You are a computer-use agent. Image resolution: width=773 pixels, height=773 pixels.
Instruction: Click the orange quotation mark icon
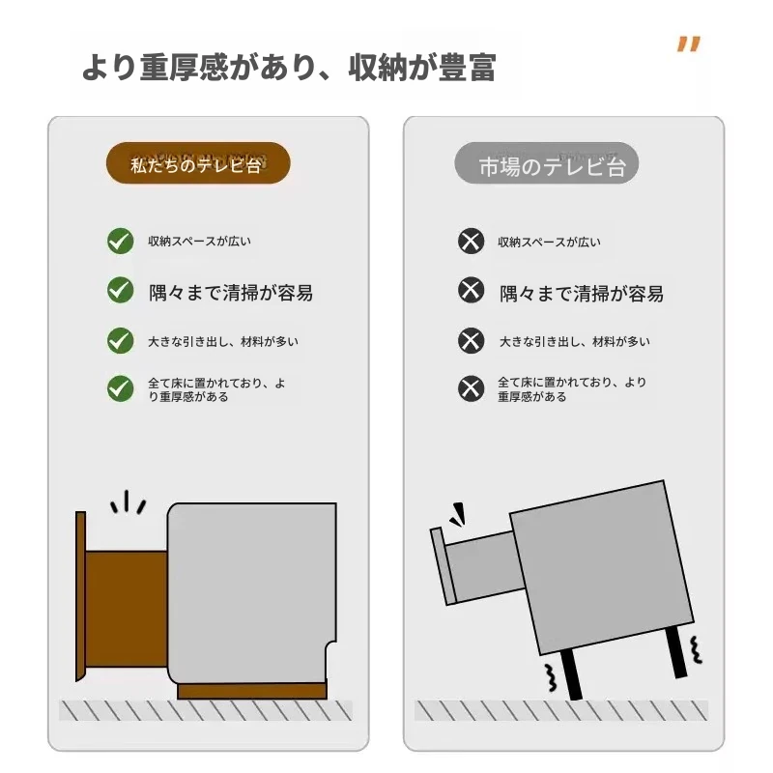click(689, 43)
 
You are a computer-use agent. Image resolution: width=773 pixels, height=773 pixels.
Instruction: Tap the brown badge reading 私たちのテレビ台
click(198, 163)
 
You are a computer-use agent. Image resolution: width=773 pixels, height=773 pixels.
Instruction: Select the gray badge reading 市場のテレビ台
click(546, 163)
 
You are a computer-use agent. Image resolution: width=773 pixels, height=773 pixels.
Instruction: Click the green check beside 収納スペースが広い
click(120, 241)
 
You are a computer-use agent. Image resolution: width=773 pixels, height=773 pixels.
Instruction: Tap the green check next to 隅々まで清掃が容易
click(120, 290)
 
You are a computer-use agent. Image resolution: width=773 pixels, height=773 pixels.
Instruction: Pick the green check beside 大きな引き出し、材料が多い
click(120, 341)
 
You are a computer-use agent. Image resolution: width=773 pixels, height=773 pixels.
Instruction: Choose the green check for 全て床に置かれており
click(120, 388)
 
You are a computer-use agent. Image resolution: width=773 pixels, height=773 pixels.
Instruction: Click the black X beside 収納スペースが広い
click(471, 241)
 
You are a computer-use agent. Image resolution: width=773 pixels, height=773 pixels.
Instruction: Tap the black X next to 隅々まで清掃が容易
click(471, 290)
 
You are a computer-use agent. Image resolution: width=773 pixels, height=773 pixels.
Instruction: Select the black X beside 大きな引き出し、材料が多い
click(471, 341)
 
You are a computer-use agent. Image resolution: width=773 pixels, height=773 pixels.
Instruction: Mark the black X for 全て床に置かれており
click(471, 388)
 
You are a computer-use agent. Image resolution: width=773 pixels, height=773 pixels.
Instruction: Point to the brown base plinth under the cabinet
click(252, 691)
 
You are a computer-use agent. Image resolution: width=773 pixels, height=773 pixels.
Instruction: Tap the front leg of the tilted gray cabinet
click(571, 674)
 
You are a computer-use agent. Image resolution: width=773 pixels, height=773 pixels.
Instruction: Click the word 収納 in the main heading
click(378, 67)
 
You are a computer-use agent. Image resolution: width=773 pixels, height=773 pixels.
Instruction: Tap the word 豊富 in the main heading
click(467, 67)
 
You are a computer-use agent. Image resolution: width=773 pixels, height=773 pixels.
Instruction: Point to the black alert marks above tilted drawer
click(457, 515)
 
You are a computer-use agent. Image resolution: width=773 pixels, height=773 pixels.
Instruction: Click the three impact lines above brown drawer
click(128, 502)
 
